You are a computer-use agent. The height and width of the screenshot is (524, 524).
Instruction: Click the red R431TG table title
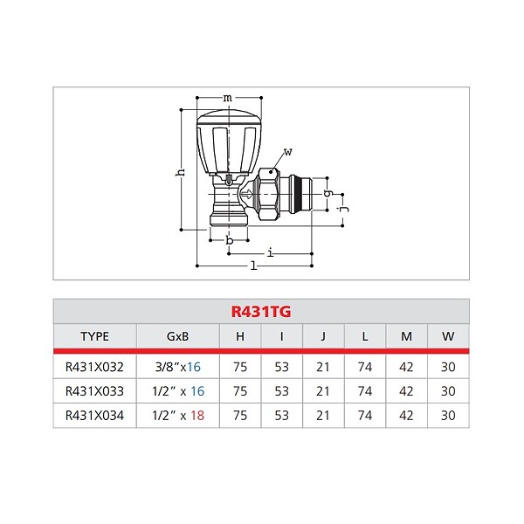click(261, 312)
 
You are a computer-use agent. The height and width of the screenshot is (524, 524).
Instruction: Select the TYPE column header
click(94, 336)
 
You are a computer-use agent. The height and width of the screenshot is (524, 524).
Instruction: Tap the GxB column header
click(178, 336)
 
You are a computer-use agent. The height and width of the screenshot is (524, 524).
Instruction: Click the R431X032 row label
click(94, 367)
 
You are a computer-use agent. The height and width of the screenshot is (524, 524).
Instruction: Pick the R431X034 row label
click(94, 416)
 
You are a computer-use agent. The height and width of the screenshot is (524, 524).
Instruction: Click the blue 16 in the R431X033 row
click(197, 391)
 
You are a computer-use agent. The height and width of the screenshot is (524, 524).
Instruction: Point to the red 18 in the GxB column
click(197, 416)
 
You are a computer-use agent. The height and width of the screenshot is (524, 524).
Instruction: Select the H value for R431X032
click(240, 367)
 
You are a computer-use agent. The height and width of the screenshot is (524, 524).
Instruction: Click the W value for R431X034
click(448, 416)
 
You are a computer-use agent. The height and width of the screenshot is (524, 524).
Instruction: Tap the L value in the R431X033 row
click(365, 391)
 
